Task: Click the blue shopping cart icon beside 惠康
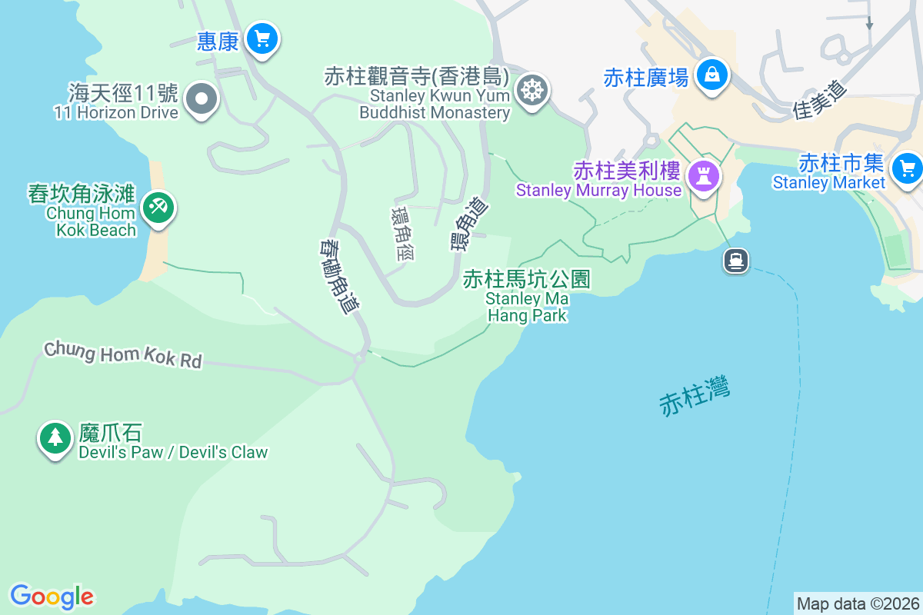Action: pos(262,38)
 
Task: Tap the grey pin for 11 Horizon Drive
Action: pos(202,99)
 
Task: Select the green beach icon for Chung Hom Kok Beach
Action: pos(159,207)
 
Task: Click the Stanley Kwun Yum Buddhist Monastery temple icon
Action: pos(531,90)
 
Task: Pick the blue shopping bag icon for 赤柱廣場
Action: pos(712,75)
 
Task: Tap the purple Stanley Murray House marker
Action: pos(704,176)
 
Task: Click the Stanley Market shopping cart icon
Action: pos(907,167)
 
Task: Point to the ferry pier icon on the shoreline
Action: pos(736,261)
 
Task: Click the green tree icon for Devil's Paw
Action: pos(55,437)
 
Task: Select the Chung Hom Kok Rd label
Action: pos(123,354)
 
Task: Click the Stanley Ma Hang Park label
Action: pos(527,296)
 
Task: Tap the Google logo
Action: pos(52,597)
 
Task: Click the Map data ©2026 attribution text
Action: pos(858,603)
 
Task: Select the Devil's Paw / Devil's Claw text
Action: pos(173,452)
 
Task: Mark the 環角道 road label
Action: pos(469,223)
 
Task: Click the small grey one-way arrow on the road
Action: pos(869,24)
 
